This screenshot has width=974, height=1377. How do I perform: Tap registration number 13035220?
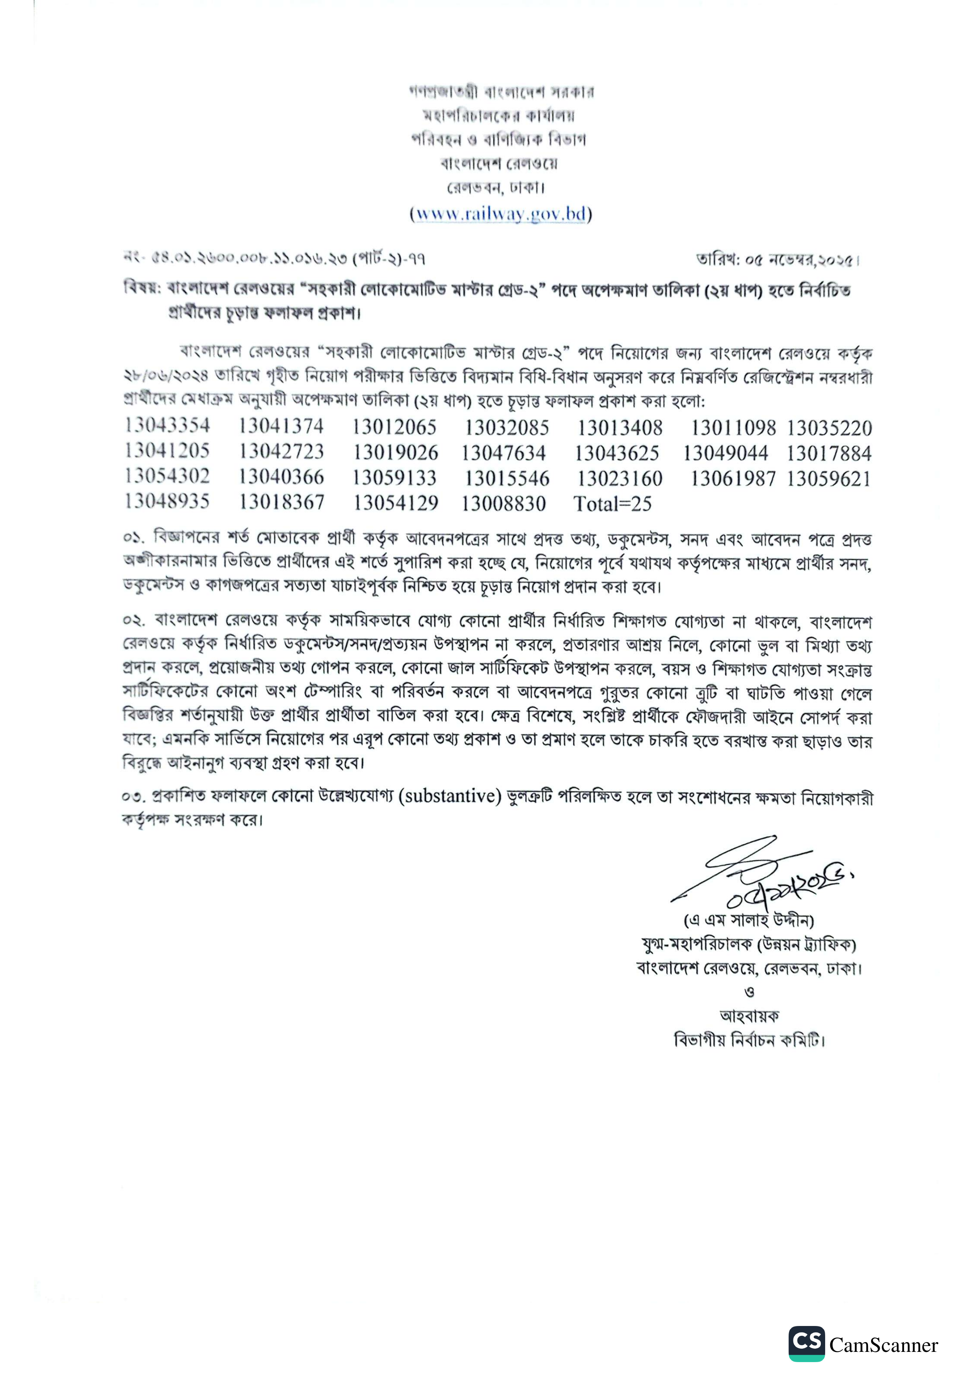point(829,428)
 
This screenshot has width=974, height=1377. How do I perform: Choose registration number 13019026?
point(395,453)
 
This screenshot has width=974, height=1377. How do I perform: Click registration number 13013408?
point(620,428)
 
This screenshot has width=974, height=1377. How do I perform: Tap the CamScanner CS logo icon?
point(806,1343)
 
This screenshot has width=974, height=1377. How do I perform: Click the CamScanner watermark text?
point(883,1345)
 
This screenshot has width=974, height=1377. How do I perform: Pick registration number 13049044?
point(725,453)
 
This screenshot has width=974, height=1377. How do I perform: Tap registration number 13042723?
point(282,452)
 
